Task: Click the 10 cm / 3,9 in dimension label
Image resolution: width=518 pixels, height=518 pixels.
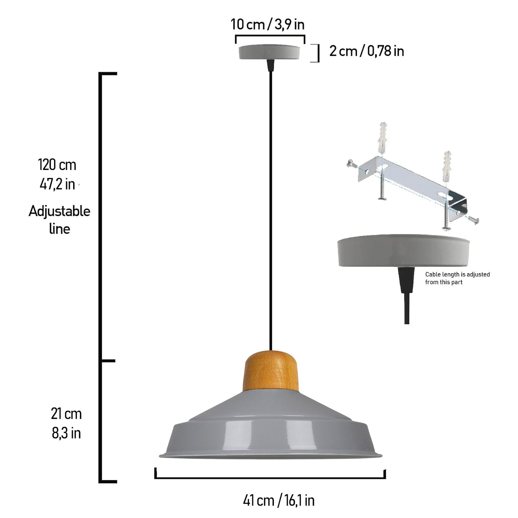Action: coord(267,24)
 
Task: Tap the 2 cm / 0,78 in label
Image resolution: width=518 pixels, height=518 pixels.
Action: coord(366,51)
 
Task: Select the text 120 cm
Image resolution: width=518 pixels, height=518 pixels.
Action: coord(57,165)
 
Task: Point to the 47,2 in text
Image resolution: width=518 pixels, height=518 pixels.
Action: coord(57,184)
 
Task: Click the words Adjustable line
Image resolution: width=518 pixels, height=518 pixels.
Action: coord(59,220)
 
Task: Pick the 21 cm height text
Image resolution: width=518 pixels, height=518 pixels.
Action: coord(66,414)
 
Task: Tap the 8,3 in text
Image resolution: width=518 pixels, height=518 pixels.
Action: coord(66,433)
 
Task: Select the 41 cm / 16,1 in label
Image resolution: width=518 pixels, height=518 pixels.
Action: coord(279,500)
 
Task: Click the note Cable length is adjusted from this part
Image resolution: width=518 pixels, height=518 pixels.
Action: coord(457,278)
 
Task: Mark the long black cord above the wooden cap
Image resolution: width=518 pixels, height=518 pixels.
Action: coord(270,208)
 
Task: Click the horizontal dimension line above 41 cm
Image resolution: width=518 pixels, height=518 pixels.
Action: coord(270,477)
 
